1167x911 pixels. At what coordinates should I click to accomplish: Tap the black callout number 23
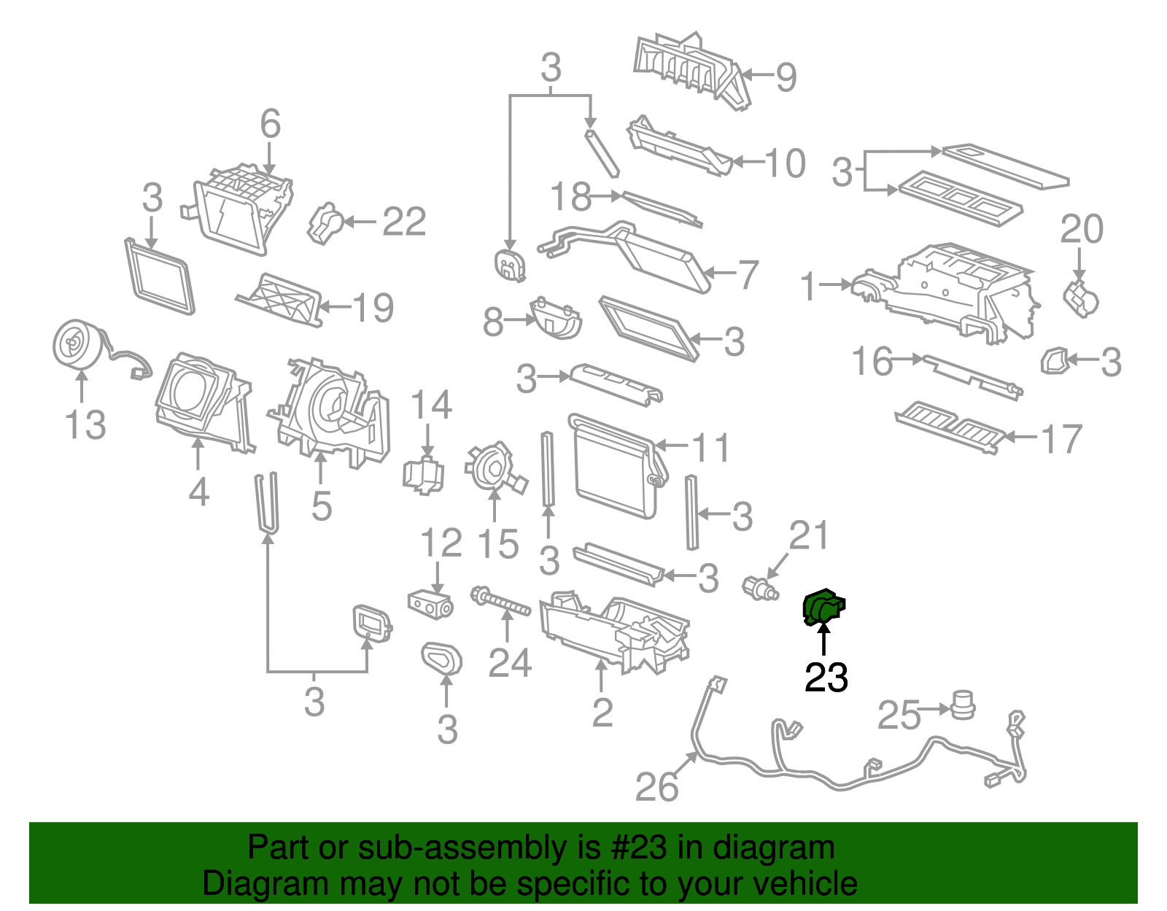[x=826, y=678]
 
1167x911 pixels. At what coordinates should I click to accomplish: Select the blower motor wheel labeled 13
[x=77, y=344]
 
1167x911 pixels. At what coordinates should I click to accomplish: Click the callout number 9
[x=786, y=77]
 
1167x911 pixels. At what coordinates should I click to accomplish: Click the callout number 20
[x=1081, y=230]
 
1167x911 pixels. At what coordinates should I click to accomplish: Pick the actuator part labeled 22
[x=326, y=222]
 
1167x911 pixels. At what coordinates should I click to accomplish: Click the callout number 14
[x=431, y=405]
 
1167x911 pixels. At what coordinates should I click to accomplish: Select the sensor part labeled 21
[x=760, y=588]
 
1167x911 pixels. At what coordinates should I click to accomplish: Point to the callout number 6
[x=270, y=124]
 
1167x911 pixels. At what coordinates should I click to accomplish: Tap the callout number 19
[x=373, y=308]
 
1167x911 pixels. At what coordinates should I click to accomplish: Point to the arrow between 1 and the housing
[x=834, y=284]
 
